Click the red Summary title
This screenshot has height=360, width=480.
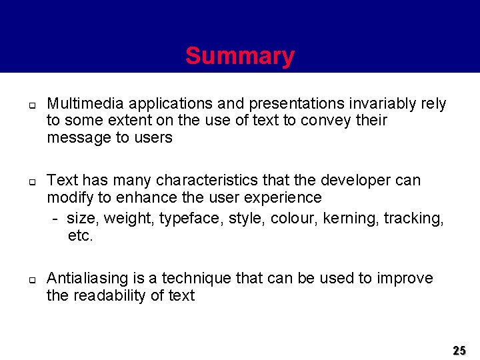[x=239, y=56]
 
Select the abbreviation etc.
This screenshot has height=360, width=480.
[x=81, y=235]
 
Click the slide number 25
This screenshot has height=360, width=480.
[x=459, y=350]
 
